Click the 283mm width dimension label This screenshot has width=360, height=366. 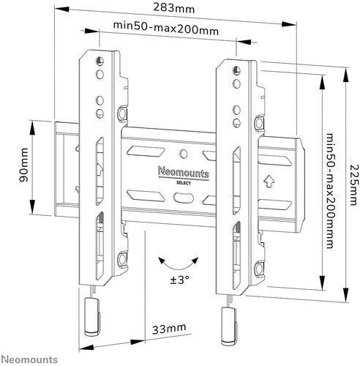(x=174, y=9)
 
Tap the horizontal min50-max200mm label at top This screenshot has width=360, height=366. (x=166, y=29)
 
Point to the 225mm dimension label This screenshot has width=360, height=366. (x=355, y=185)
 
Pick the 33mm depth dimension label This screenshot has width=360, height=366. (x=169, y=329)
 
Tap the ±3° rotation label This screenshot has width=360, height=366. (x=180, y=280)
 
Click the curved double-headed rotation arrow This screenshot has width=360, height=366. (x=179, y=265)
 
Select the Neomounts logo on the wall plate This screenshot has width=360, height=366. (x=184, y=173)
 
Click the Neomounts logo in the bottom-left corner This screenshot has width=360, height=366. (x=29, y=359)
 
